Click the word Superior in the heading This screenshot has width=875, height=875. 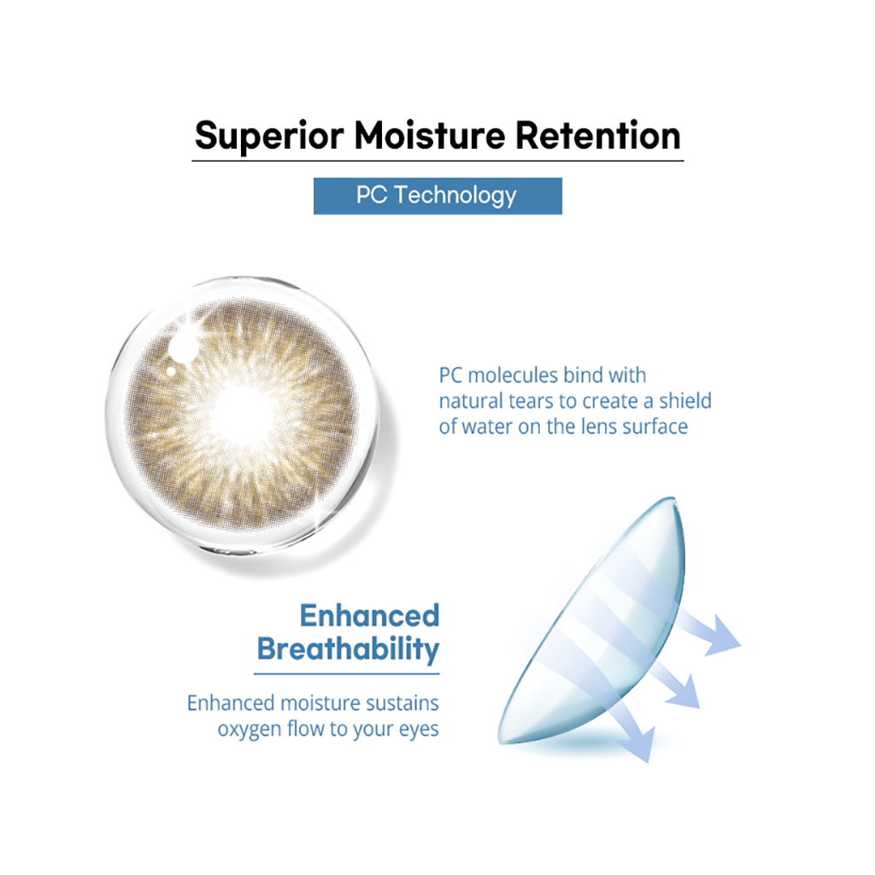pos(269,136)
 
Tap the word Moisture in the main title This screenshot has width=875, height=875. pos(429,135)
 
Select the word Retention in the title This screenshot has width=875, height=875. pos(597,135)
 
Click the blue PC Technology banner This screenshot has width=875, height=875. pos(437,196)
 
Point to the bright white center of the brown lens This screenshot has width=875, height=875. pos(242,414)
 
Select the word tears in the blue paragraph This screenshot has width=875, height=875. pos(531,402)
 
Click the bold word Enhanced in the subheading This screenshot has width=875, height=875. pos(369,615)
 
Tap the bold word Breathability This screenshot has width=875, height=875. pos(349,649)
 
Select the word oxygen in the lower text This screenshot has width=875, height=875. pos(250,730)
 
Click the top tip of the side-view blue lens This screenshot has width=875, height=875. pos(673,498)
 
